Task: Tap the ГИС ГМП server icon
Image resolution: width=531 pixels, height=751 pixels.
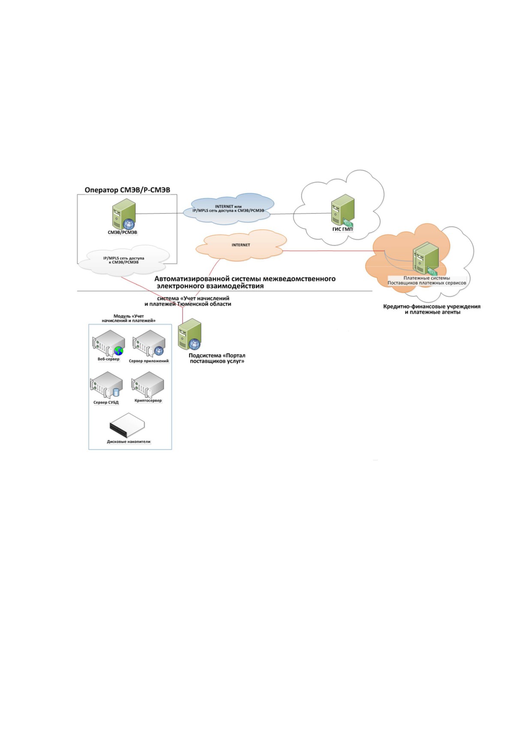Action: [x=343, y=210]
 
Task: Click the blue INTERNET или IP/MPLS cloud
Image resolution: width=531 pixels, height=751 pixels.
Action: [x=228, y=209]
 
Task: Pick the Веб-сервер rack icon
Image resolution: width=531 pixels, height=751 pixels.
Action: [x=108, y=343]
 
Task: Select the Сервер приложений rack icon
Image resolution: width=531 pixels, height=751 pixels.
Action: [x=148, y=343]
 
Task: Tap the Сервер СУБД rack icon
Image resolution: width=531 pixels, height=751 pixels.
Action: [x=106, y=385]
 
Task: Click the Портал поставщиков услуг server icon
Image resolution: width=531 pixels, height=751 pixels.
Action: [x=189, y=334]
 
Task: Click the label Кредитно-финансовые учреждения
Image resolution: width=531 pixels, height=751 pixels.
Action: [x=432, y=307]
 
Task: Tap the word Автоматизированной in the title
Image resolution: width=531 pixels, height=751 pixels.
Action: [x=189, y=279]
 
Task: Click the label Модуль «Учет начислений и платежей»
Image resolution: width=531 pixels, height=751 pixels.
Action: [x=129, y=318]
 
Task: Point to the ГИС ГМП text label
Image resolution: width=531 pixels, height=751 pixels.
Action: [x=343, y=229]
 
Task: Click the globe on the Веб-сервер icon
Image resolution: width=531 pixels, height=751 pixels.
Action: [x=119, y=351]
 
